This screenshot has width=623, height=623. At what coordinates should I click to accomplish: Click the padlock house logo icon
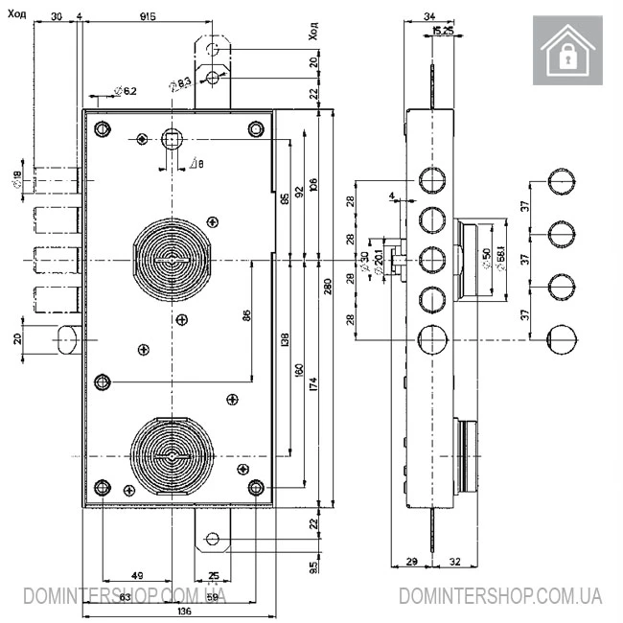click(x=571, y=51)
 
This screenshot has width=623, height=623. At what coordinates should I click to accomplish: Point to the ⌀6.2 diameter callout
click(x=125, y=91)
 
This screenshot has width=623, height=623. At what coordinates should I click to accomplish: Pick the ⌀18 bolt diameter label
click(x=17, y=178)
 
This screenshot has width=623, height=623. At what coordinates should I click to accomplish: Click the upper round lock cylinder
click(x=171, y=260)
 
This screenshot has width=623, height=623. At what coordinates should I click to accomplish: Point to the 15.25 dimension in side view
click(x=443, y=31)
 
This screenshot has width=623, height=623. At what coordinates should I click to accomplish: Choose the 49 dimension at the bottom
click(x=137, y=576)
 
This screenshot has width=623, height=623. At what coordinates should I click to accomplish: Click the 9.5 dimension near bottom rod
click(x=312, y=567)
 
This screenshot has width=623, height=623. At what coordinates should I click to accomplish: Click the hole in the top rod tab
click(x=215, y=46)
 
